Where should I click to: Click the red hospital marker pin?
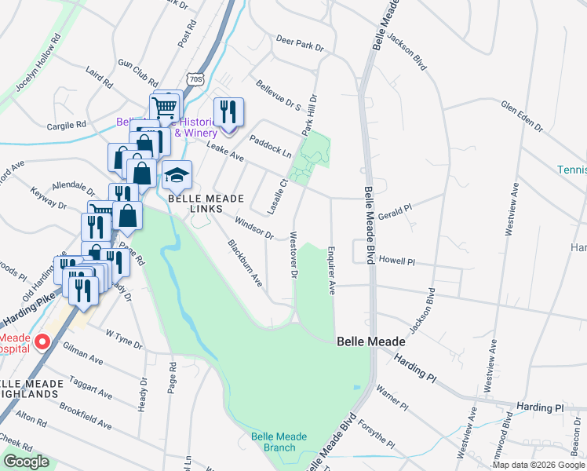[42, 342]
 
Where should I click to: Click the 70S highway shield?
[195, 79]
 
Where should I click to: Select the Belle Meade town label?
[371, 341]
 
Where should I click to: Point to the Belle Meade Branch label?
[273, 442]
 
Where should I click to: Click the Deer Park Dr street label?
[299, 44]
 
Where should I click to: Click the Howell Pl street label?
[396, 258]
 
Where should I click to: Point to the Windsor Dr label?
[253, 228]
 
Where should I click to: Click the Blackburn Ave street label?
[244, 262]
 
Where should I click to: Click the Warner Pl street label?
[392, 396]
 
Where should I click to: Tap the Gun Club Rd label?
[137, 72]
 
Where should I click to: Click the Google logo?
[26, 462]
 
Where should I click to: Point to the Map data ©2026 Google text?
[538, 465]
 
